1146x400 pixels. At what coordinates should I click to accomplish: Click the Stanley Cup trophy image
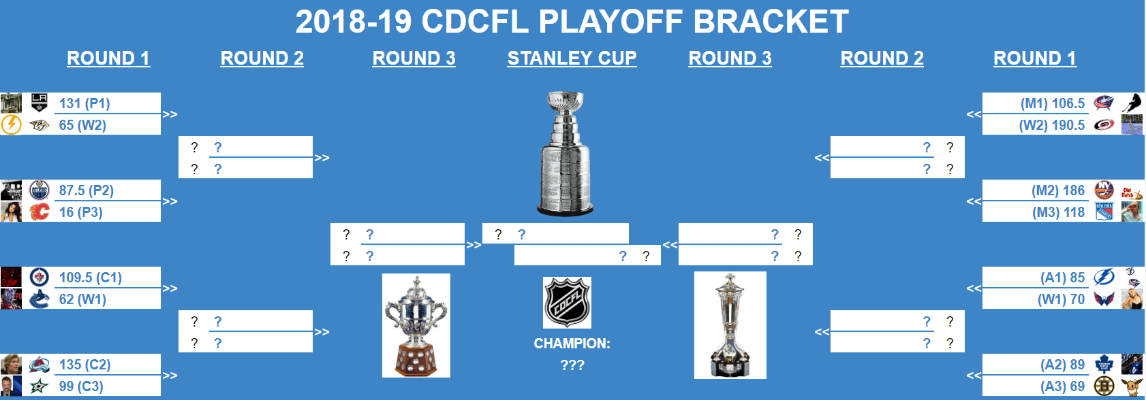click(x=566, y=154)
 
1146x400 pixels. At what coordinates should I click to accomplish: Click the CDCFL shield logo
click(x=567, y=303)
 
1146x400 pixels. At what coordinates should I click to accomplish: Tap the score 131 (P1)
click(x=84, y=103)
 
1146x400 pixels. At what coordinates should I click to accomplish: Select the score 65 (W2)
click(x=82, y=125)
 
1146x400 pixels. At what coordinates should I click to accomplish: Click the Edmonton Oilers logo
click(x=40, y=190)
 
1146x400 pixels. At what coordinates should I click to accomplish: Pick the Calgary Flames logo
click(x=40, y=212)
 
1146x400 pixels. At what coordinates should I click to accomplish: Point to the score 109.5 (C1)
click(x=91, y=278)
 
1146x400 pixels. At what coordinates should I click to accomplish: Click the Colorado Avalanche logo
click(x=40, y=365)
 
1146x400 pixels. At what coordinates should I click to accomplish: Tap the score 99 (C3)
click(x=81, y=386)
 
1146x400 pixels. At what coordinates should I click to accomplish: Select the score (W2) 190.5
click(x=1052, y=125)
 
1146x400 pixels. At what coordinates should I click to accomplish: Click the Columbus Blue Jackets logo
click(x=1104, y=103)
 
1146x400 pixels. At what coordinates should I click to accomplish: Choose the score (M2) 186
click(x=1058, y=190)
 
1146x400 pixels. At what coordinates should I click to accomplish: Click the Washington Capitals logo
click(x=1104, y=299)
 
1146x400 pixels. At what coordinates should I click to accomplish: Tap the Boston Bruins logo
click(x=1104, y=386)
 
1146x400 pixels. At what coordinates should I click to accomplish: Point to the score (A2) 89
click(x=1063, y=365)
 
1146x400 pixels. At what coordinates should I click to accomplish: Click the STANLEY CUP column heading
click(x=572, y=59)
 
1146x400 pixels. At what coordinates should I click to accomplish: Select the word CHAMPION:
click(x=572, y=344)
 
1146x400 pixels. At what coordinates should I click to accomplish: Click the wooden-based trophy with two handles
click(x=416, y=325)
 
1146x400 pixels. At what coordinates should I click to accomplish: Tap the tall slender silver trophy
click(x=730, y=325)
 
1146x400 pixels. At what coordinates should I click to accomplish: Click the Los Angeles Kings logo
click(x=40, y=103)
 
